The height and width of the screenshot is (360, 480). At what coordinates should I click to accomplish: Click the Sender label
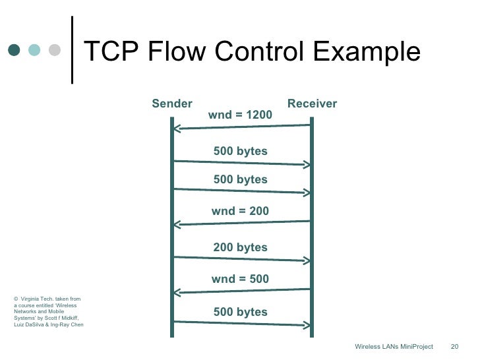point(172,104)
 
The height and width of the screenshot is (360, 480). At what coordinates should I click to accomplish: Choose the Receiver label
point(312,104)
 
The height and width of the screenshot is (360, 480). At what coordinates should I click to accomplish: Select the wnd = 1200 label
point(240,115)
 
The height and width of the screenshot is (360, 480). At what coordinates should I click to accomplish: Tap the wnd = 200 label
point(240,211)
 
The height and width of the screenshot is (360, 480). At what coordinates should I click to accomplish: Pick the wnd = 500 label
point(240,279)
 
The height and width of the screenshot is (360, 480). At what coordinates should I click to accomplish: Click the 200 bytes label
point(240,247)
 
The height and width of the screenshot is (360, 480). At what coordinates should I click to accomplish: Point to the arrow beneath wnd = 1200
point(241,127)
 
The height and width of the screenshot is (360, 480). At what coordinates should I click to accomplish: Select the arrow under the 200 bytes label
point(241,258)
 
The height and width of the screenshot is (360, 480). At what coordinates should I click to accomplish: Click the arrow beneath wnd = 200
point(241,223)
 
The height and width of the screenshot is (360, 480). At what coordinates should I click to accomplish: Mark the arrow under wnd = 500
point(241,291)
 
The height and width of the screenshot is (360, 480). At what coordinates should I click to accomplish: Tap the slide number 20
point(454,347)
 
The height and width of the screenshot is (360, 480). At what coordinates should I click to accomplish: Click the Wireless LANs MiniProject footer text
point(394,347)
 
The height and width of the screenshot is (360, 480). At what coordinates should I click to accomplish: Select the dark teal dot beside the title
point(14,49)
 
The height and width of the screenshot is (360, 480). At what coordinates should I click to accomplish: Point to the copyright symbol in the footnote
point(16,299)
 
